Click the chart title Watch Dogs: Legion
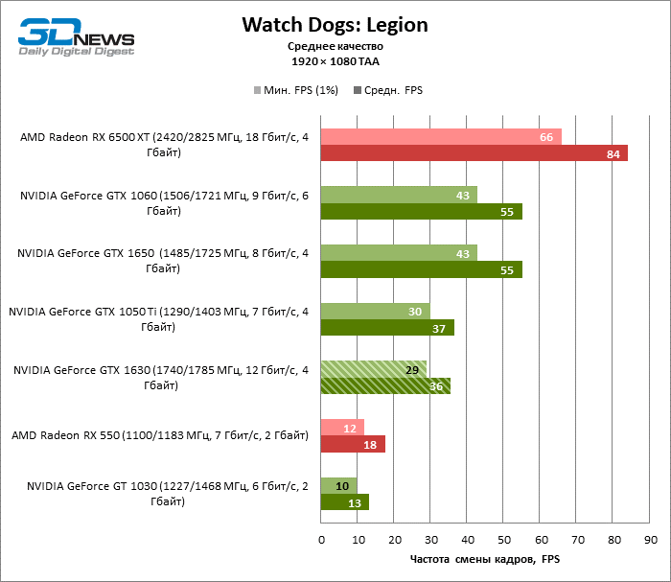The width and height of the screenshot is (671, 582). point(335,24)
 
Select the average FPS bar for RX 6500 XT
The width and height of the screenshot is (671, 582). point(474,153)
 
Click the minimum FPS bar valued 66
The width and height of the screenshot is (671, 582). point(441,137)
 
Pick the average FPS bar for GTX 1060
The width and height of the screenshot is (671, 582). point(421,212)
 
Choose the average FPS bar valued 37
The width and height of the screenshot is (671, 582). point(387,328)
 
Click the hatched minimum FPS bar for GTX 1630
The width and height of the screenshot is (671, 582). point(374,369)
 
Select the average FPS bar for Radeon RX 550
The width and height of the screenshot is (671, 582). point(353,444)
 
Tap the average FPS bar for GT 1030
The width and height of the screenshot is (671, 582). point(344,502)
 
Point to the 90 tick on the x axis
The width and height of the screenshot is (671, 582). point(650,539)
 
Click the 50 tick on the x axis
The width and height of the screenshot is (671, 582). point(504,539)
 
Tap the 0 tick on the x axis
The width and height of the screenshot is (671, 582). point(321,539)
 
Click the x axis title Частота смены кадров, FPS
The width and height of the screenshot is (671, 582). point(484,559)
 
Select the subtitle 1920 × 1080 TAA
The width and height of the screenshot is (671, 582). point(335,60)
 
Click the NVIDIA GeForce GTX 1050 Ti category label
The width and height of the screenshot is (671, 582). point(159,318)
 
